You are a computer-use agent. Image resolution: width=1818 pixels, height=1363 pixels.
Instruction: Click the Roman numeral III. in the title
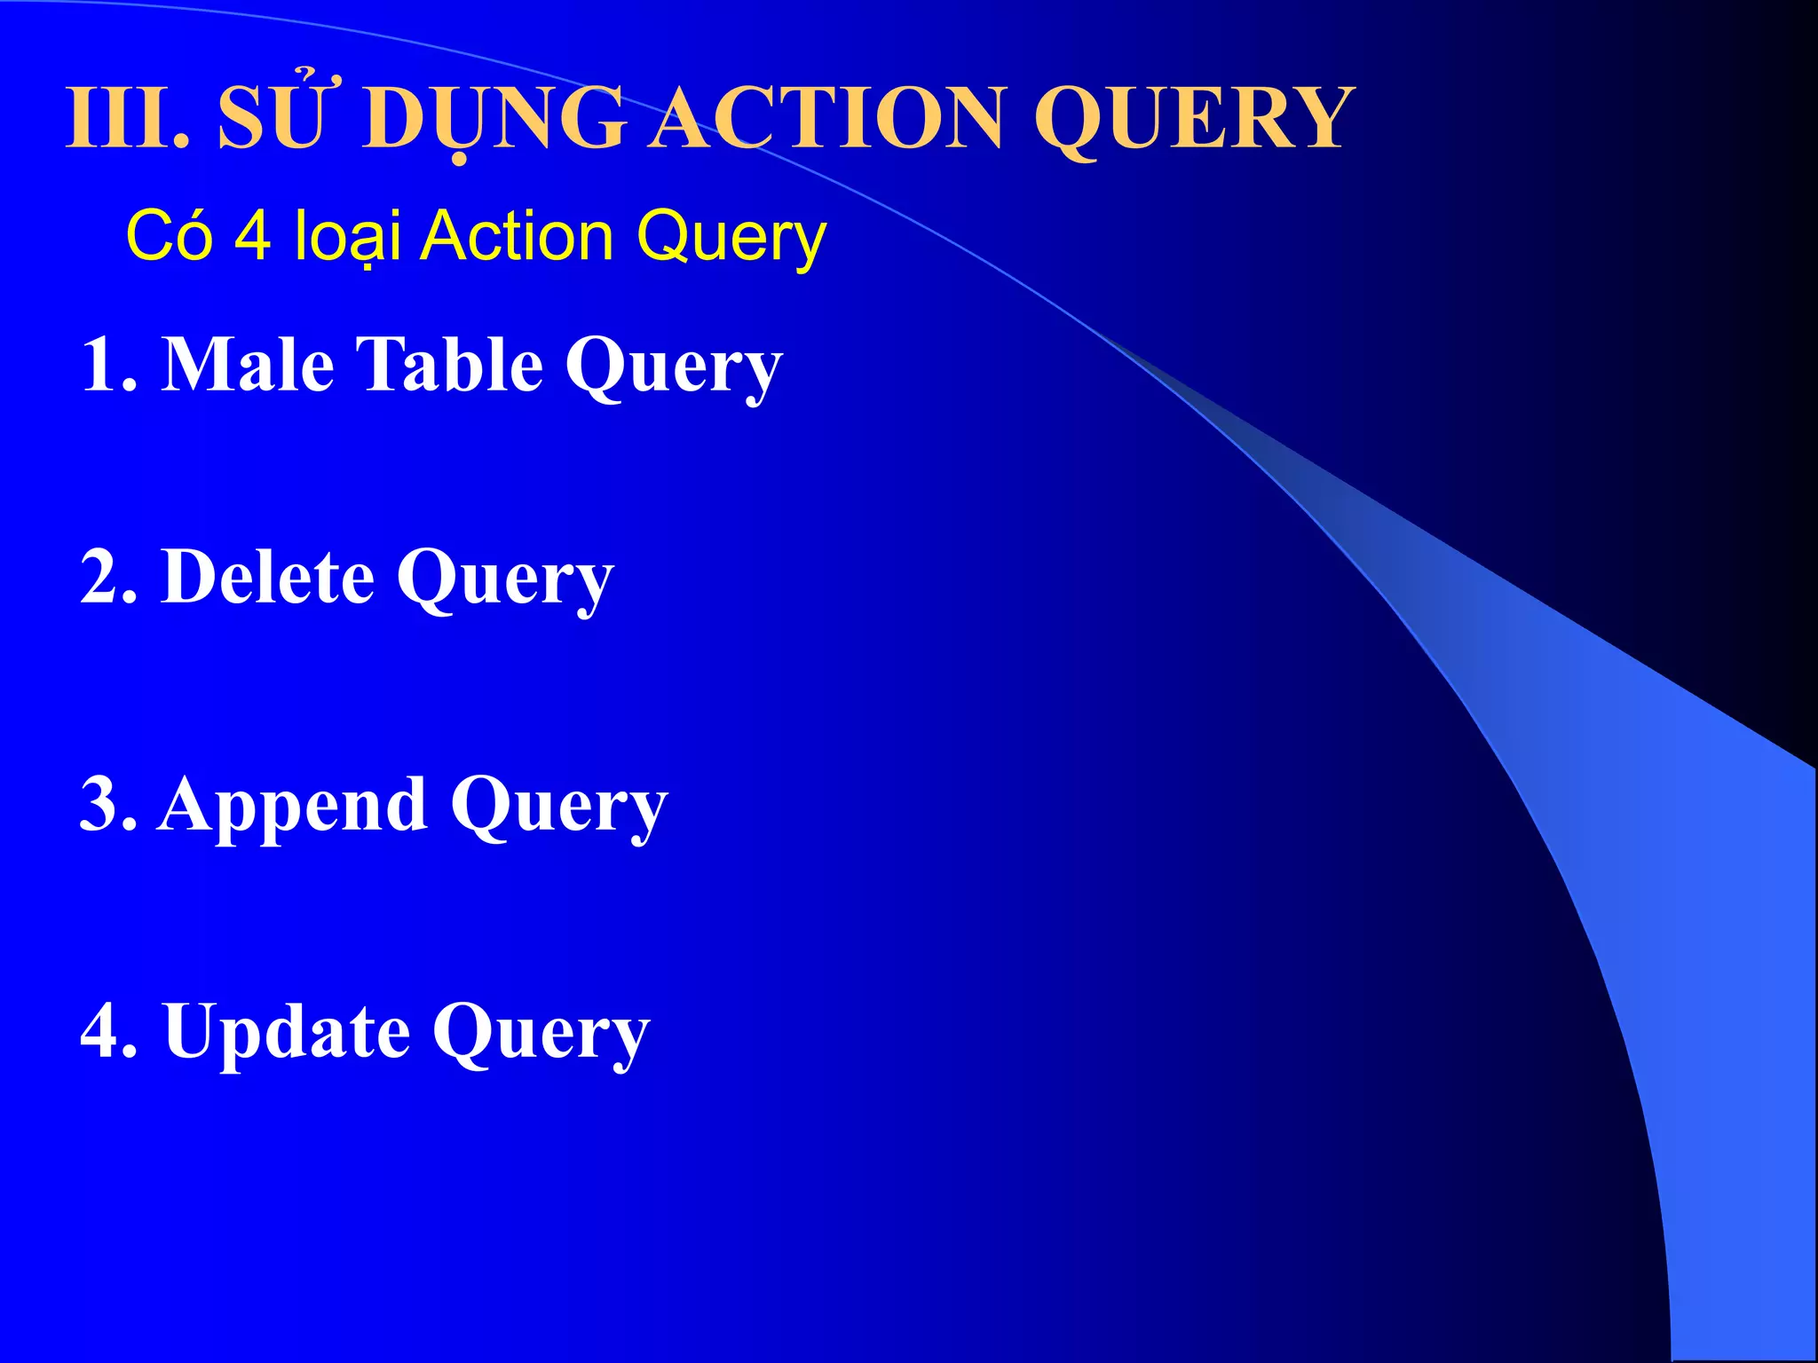tap(127, 118)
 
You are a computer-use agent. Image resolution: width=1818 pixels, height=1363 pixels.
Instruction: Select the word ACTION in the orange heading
tap(829, 118)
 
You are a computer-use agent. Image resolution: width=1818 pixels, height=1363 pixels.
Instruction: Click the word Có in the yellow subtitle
tap(170, 236)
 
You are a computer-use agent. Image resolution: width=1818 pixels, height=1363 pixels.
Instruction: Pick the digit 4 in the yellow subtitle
tap(252, 235)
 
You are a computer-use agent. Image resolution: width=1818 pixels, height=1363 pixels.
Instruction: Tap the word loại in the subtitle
tap(347, 236)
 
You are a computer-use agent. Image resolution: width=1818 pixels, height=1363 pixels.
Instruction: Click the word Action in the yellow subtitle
tap(516, 236)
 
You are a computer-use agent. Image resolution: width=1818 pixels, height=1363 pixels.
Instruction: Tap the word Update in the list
tap(287, 1031)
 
